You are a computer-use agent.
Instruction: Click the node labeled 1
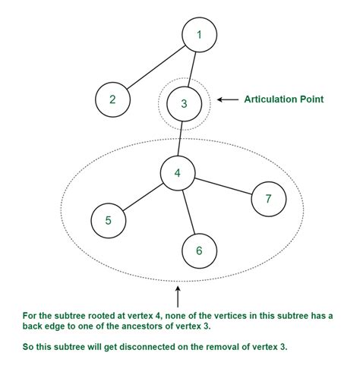199,35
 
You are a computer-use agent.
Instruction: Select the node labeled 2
112,99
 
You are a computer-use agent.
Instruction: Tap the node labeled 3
183,102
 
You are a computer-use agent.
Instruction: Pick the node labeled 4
177,173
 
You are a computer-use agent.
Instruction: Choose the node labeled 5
108,221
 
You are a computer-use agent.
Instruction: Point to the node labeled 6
199,250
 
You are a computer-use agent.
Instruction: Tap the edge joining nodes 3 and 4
181,137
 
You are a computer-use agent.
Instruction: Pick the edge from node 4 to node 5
143,197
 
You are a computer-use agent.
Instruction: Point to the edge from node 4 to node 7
223,187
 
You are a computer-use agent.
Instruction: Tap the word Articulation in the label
270,99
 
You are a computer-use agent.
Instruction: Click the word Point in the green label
312,99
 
